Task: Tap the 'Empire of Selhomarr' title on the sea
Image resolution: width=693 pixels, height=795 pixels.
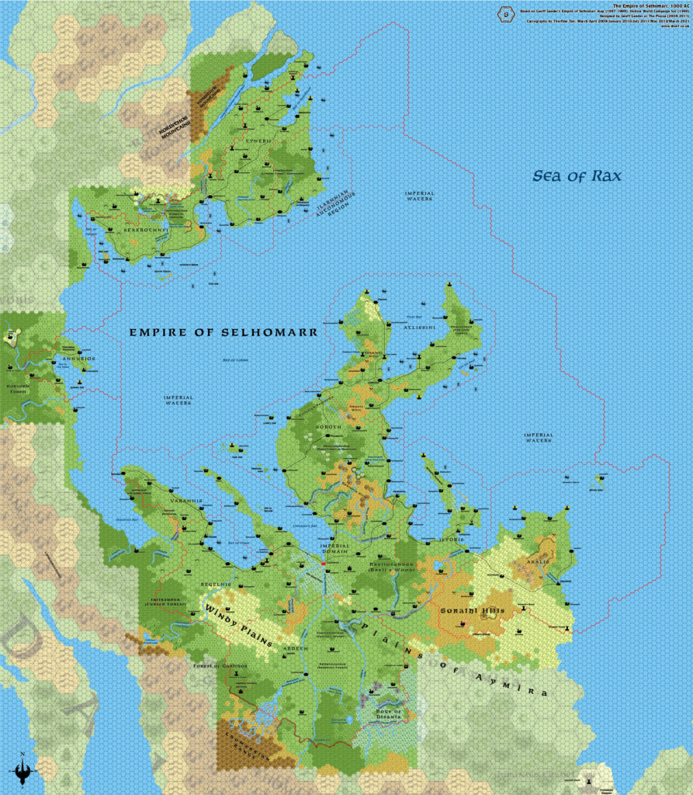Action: [223, 332]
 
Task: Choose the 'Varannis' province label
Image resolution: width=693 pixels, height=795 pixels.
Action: [185, 502]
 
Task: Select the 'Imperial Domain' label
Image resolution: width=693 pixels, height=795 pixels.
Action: [336, 548]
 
